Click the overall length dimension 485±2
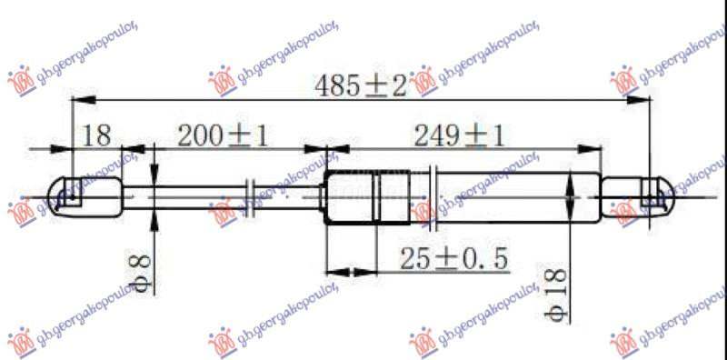click(361, 85)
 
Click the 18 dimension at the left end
click(97, 136)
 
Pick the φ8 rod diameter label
click(137, 269)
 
